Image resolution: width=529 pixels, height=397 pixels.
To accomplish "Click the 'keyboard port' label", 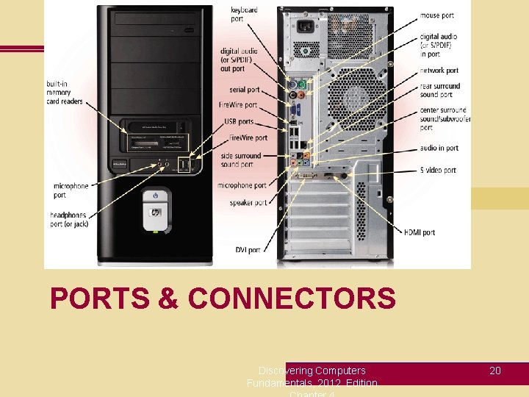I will [x=244, y=14].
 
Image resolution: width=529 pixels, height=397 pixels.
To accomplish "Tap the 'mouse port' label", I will [x=436, y=15].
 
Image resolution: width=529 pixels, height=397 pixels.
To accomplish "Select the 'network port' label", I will [x=439, y=71].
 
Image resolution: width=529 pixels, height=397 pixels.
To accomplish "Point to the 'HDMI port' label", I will [x=419, y=232].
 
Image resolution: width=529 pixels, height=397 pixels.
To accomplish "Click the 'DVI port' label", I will [x=248, y=250].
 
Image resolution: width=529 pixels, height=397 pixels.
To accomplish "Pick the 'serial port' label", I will [x=244, y=90].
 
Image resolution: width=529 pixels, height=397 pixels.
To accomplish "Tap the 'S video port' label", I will [x=438, y=170].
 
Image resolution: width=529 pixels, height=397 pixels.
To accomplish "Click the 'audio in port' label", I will [x=439, y=148].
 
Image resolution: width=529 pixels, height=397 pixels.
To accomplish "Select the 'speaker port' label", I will [x=248, y=202].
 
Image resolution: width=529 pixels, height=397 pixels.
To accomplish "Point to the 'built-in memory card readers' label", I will [x=65, y=92].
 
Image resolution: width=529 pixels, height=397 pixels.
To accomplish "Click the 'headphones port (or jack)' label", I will [x=69, y=219].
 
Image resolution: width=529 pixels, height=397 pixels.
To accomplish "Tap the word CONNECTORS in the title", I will [x=292, y=299].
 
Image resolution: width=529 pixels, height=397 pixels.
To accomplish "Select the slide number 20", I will [x=495, y=371].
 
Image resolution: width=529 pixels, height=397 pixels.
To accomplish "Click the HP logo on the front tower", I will [x=155, y=213].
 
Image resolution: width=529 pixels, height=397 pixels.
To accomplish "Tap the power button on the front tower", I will [x=155, y=196].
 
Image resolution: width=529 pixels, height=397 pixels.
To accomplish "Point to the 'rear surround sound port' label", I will [x=440, y=90].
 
